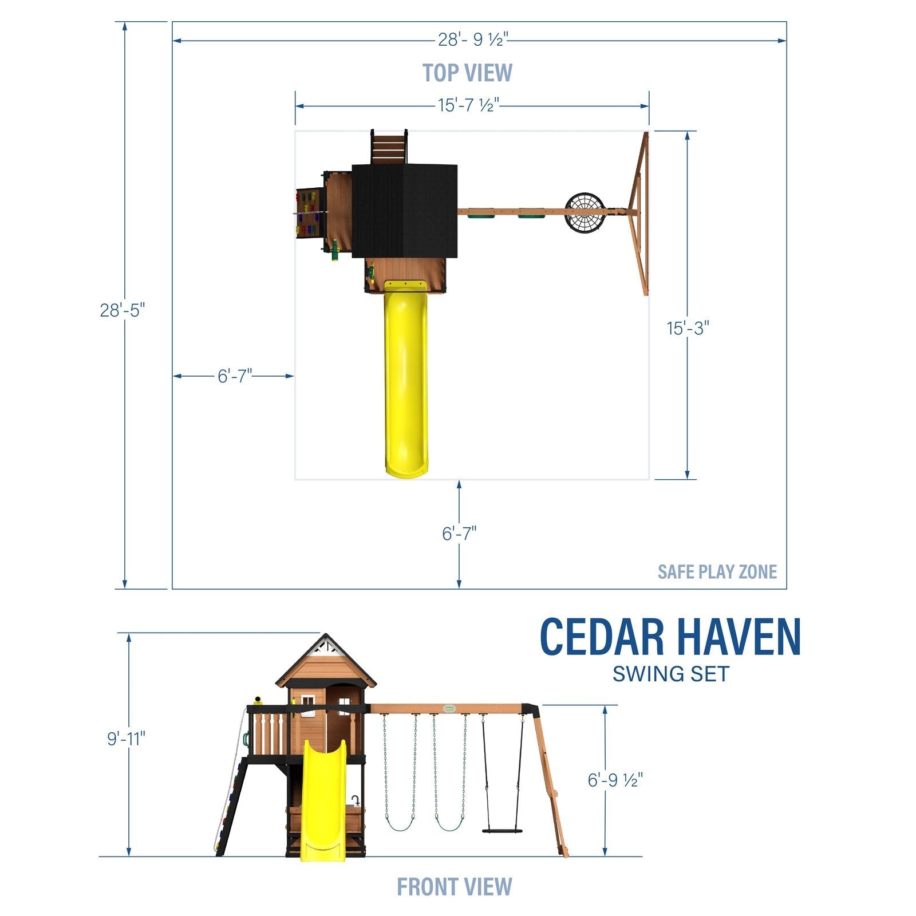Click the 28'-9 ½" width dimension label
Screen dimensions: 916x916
473,40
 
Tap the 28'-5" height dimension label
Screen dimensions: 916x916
123,310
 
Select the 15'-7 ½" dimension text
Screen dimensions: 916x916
469,105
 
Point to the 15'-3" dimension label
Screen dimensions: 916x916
688,328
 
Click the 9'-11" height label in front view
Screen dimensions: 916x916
127,739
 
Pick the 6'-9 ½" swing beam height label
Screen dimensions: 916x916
615,780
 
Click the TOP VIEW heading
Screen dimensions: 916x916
467,73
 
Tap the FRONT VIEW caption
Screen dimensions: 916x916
454,887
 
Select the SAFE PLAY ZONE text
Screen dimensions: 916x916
717,571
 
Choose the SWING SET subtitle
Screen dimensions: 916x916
670,674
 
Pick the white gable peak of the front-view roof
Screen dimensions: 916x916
325,647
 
